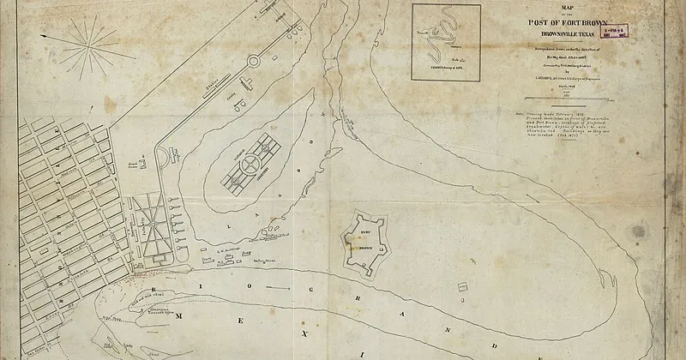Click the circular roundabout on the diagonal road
(x=254, y=63)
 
